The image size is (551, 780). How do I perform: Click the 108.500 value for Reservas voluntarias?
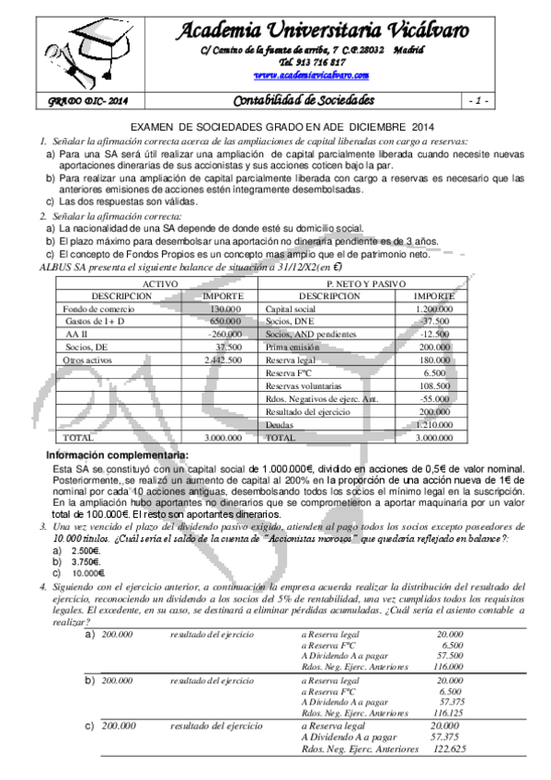[436, 387]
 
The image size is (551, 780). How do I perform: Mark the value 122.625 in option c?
[446, 749]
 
